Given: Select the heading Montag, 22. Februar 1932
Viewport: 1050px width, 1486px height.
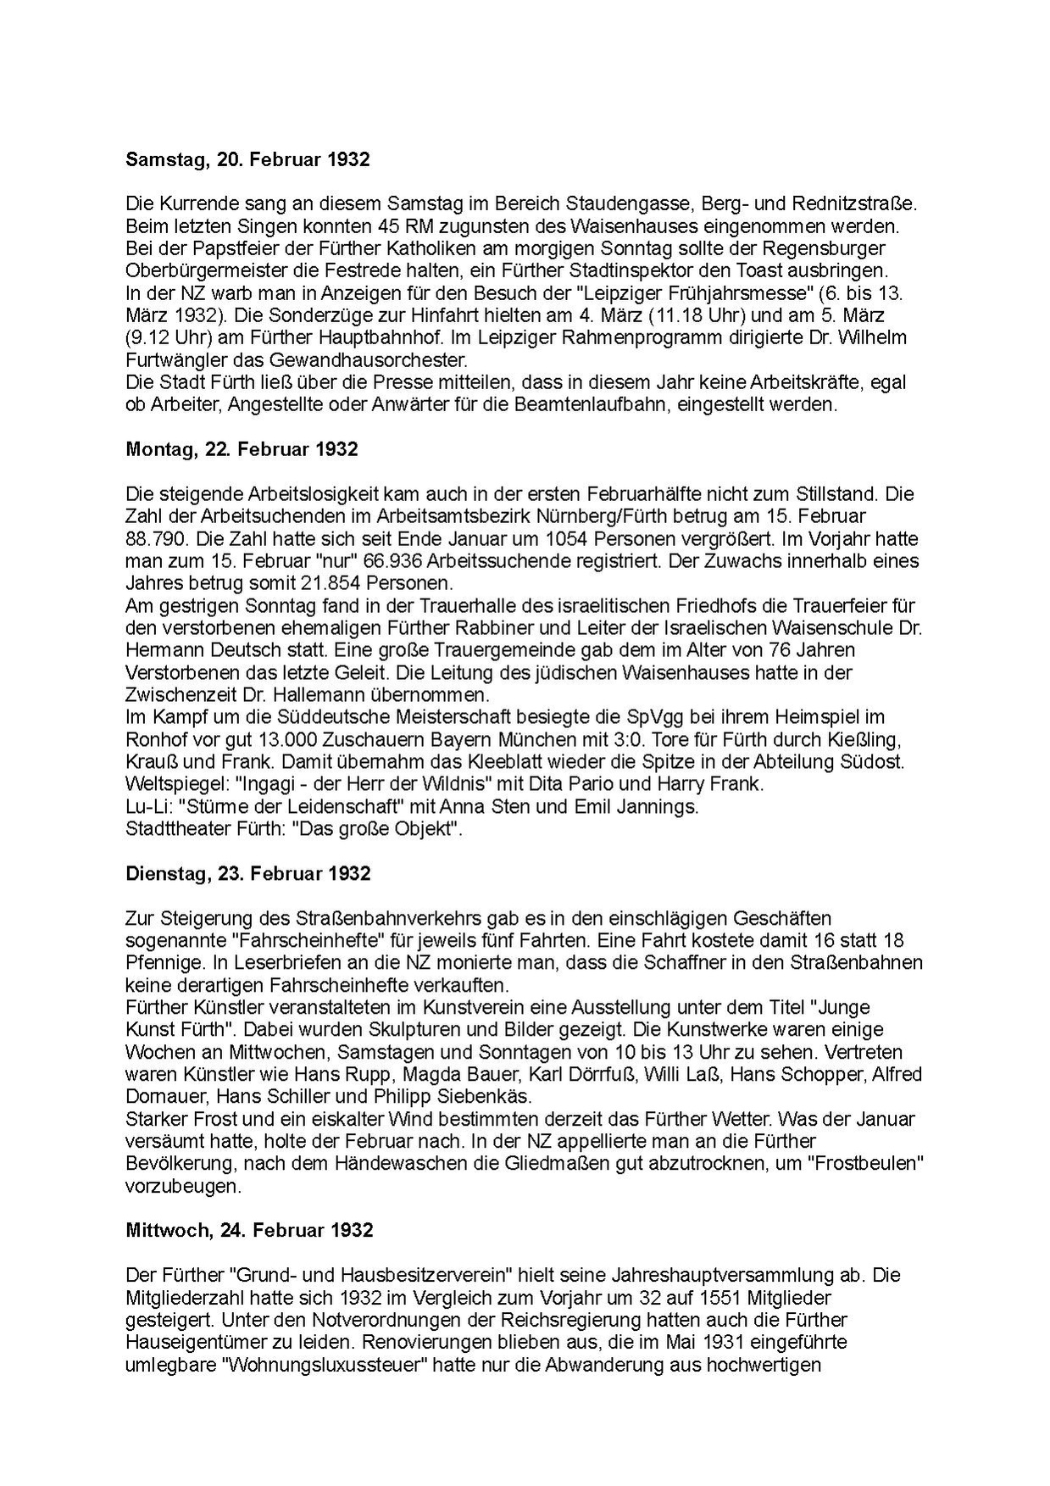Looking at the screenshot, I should click(x=242, y=449).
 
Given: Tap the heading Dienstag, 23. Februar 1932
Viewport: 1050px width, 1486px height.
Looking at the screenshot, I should click(x=247, y=873).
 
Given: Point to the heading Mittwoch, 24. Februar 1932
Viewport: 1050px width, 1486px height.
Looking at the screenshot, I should click(x=249, y=1229).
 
